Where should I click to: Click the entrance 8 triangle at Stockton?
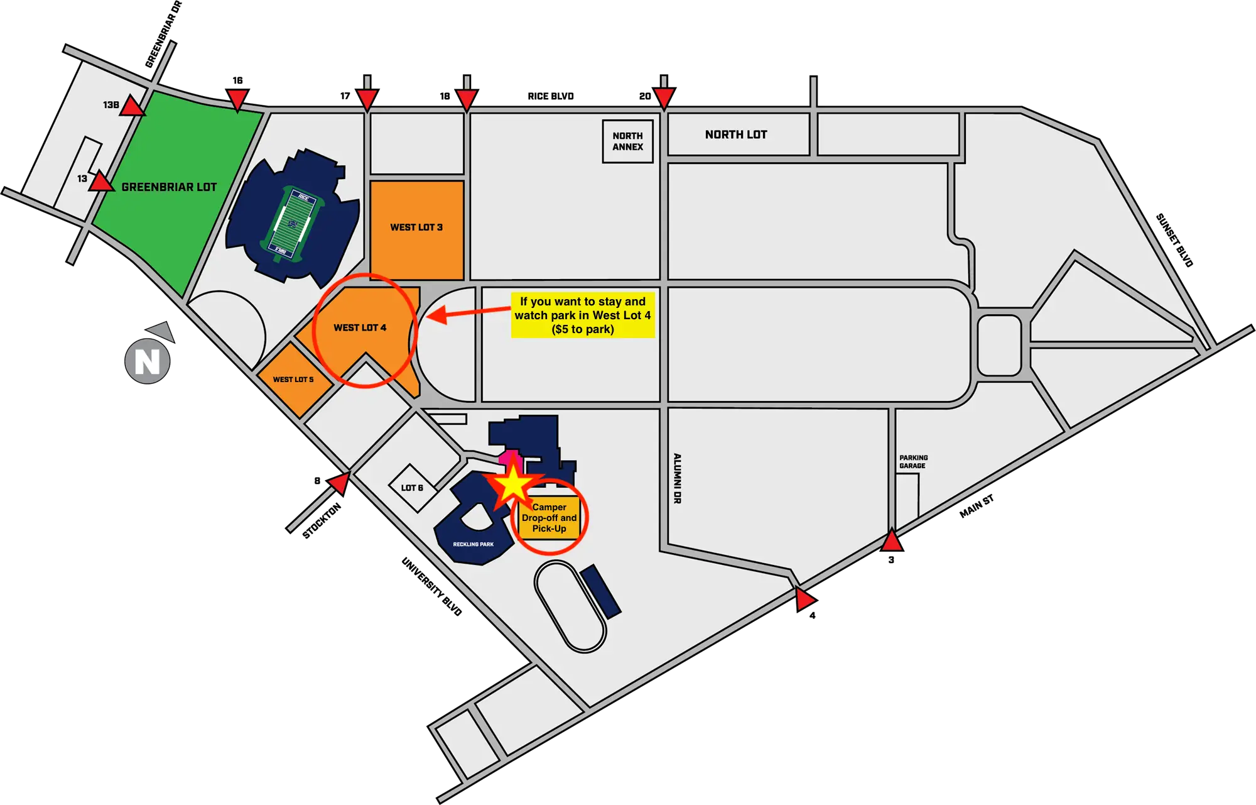(x=340, y=483)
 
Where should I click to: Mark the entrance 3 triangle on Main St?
(x=892, y=540)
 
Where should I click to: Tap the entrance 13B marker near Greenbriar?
(x=132, y=106)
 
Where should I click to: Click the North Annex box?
(x=628, y=141)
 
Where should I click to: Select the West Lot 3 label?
(x=416, y=227)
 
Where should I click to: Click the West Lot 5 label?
(x=293, y=380)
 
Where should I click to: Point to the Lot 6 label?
(x=412, y=488)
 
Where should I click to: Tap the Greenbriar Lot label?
(x=169, y=187)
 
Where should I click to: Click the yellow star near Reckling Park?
(x=513, y=484)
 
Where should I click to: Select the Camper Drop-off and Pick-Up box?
(x=549, y=518)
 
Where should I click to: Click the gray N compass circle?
(x=148, y=361)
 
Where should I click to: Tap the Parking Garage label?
(x=913, y=462)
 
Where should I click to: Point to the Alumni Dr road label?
(x=677, y=478)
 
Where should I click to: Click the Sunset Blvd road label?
(x=1174, y=240)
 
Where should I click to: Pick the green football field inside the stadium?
(x=292, y=224)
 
